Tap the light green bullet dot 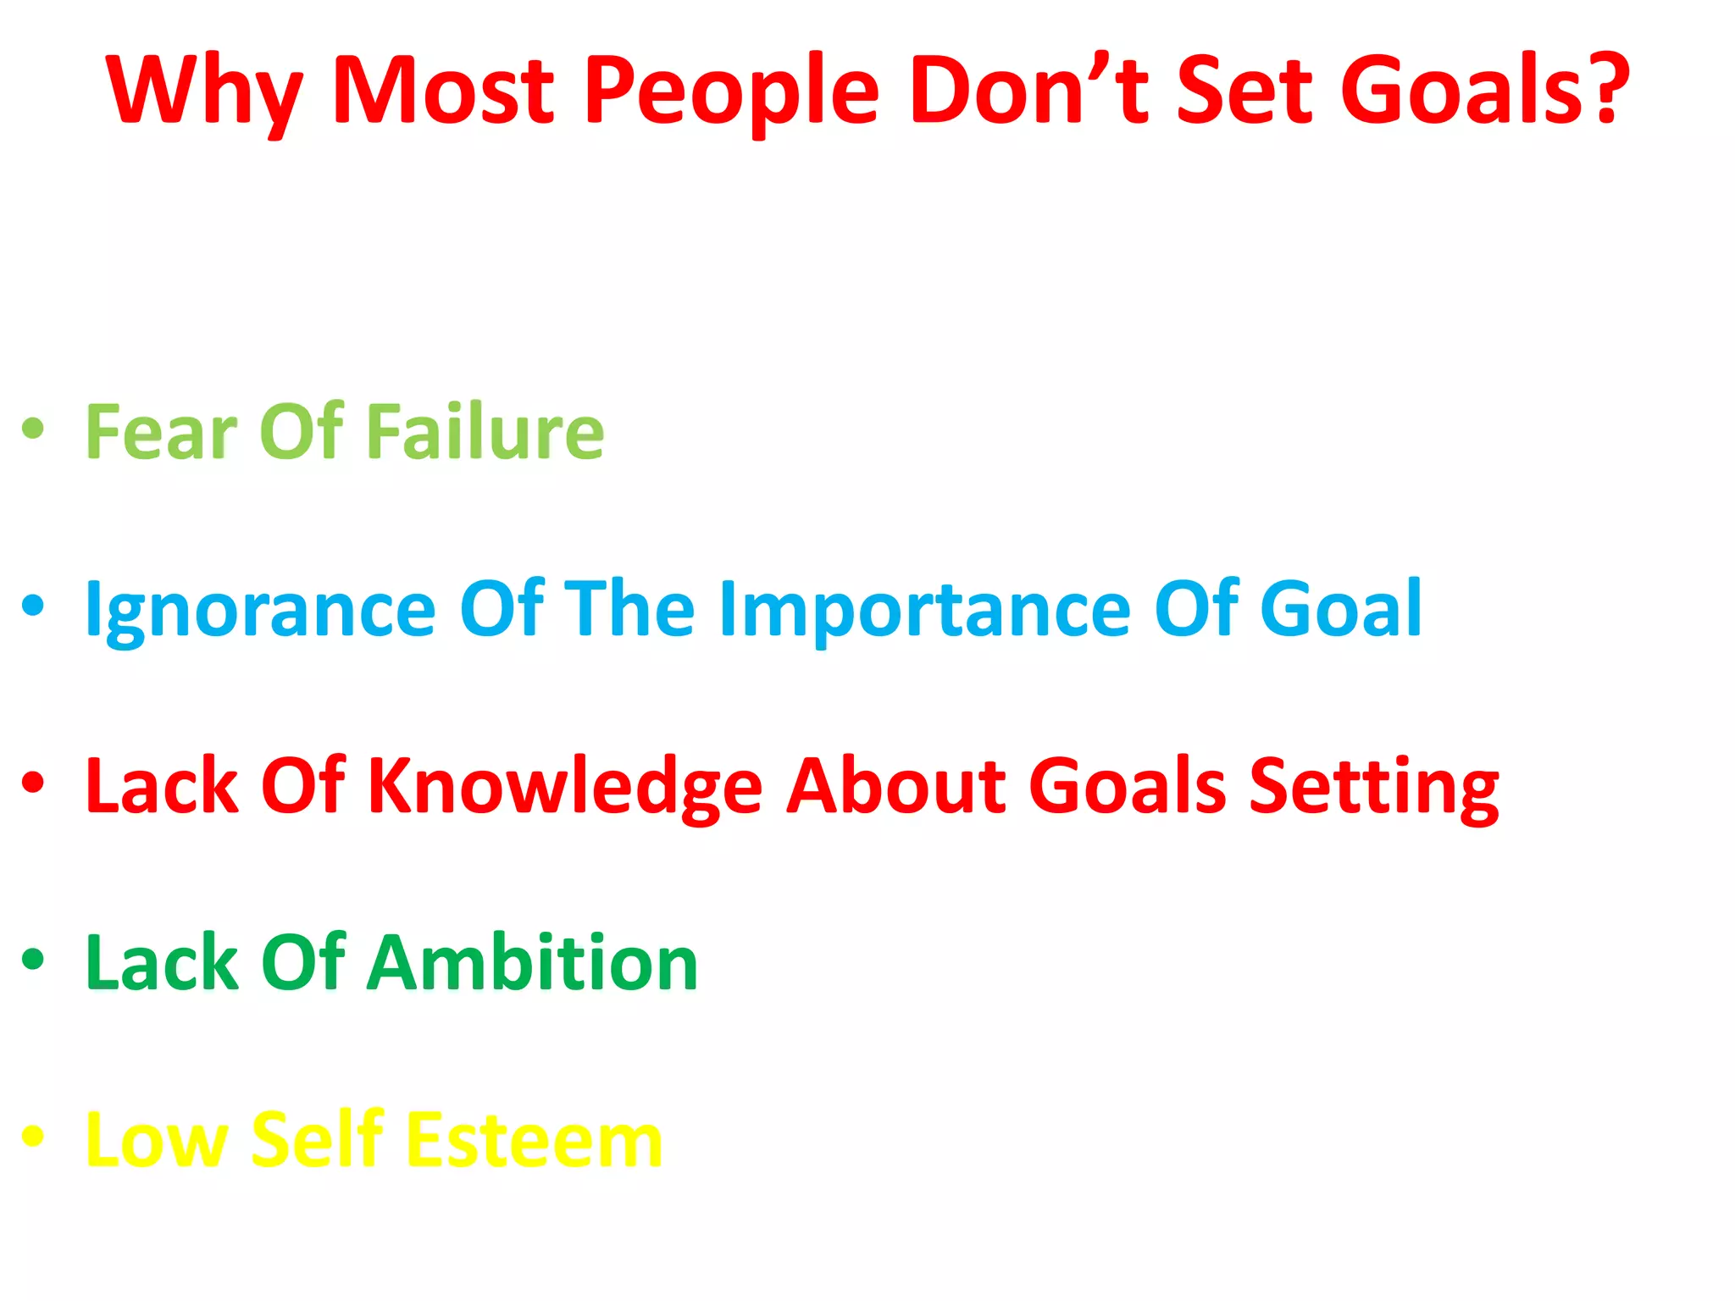tap(33, 429)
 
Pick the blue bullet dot tap(33, 606)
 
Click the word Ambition tap(532, 962)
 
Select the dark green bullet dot tap(33, 960)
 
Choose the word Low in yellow tap(158, 1141)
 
